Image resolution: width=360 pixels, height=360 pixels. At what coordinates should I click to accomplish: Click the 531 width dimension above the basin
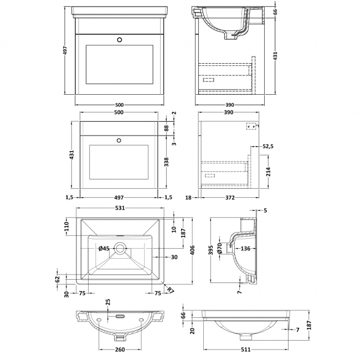(120, 208)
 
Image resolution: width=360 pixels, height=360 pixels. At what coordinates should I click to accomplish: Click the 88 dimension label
(166, 128)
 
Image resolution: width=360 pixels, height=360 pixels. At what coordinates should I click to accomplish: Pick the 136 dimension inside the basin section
(245, 249)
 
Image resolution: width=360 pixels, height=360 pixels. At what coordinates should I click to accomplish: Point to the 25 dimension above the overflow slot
(108, 302)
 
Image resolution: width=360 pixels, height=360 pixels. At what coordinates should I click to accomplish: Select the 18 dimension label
(188, 197)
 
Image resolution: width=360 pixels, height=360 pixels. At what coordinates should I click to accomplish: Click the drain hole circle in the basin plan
(120, 248)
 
